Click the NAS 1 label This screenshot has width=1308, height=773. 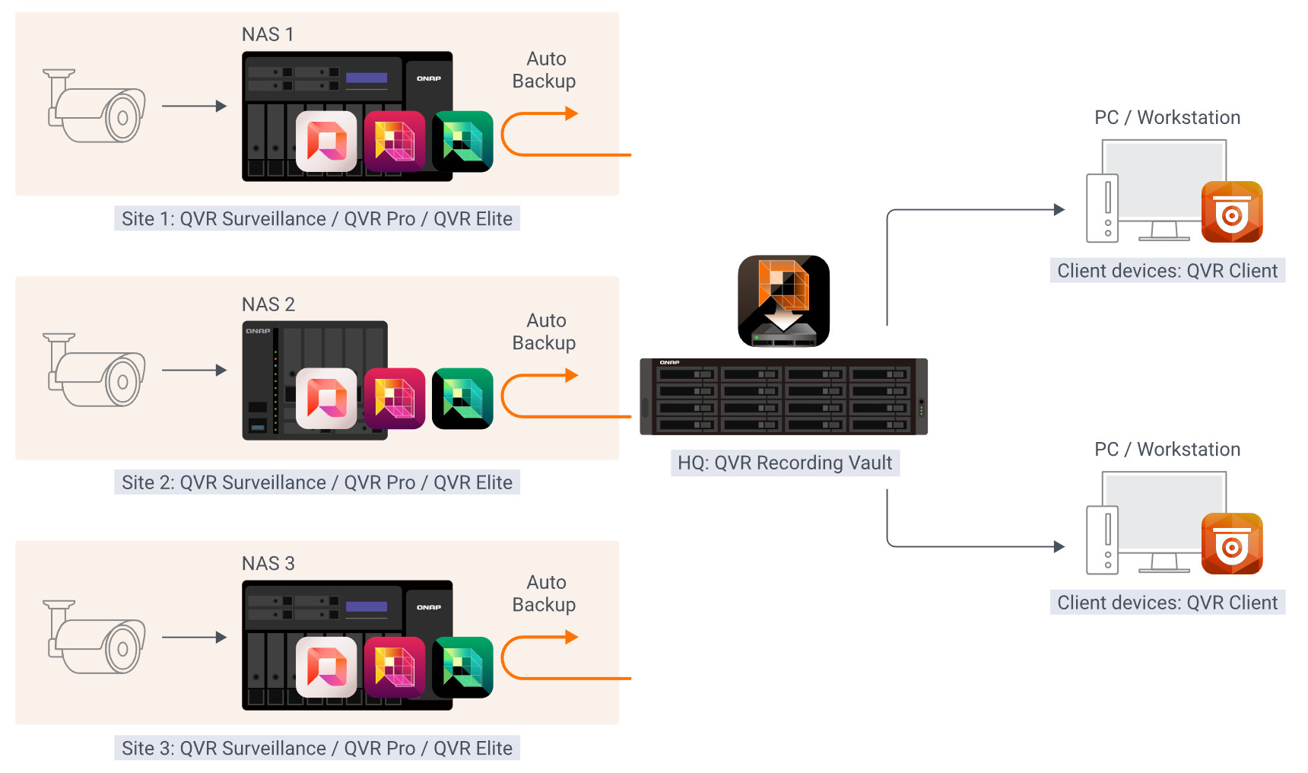point(268,35)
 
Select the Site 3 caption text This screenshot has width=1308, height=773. point(316,748)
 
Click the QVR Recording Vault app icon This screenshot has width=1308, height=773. point(783,301)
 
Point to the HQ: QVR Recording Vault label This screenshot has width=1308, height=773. point(785,463)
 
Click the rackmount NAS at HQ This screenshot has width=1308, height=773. point(783,396)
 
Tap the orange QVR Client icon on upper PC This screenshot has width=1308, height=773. point(1232,212)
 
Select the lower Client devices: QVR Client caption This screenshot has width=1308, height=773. point(1167,603)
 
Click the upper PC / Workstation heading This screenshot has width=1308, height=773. point(1167,118)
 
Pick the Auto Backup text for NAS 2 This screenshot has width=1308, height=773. point(544,332)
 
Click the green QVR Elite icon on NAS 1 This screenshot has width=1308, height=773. point(462,142)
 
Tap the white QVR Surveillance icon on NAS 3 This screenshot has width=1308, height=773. point(326,667)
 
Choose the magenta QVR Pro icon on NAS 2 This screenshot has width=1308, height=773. point(394,399)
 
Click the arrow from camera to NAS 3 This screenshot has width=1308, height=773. point(195,638)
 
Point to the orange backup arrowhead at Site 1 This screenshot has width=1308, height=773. point(572,114)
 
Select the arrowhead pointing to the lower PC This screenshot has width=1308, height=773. point(1059,546)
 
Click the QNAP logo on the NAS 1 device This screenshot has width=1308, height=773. point(429,78)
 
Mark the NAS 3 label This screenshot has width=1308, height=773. point(268,564)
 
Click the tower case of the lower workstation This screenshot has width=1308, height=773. point(1102,539)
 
